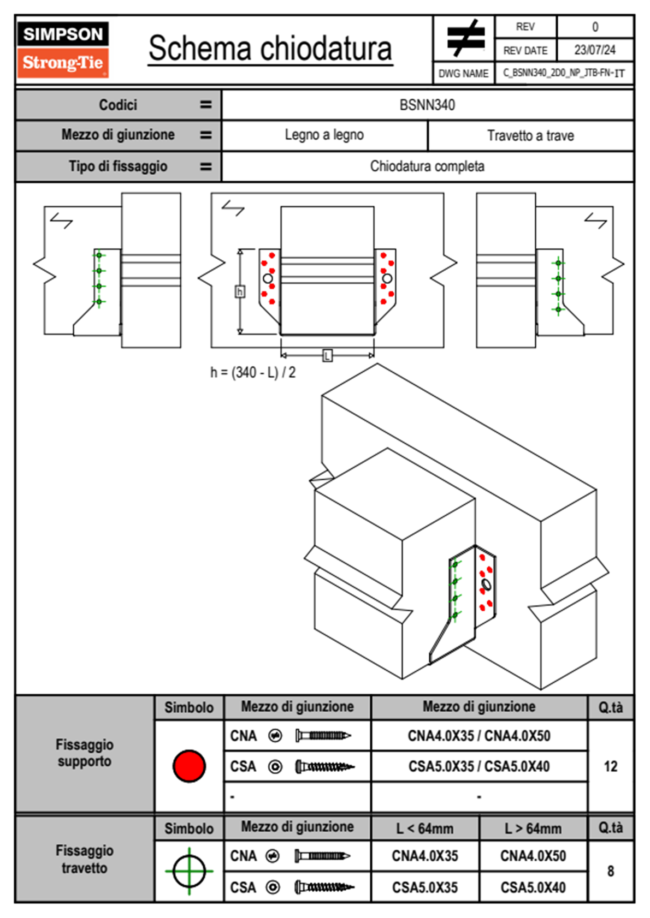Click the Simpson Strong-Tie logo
pos(62,50)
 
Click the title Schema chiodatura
pos(270,48)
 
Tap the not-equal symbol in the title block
pos(465,38)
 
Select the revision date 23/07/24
pos(594,50)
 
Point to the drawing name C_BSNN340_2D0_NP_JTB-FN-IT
pos(564,73)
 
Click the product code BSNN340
pos(427,105)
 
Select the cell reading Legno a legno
pos(324,135)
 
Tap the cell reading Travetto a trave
pos(530,135)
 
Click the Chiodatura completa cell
pos(427,166)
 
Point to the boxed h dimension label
pos(240,291)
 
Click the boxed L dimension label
pos(327,356)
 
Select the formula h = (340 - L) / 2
pos(253,372)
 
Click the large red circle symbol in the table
pos(189,766)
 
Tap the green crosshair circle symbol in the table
pos(189,871)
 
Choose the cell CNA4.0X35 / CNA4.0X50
pos(479,736)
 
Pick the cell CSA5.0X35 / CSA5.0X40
pos(479,766)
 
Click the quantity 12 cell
pos(611,766)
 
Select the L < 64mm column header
pos(425,828)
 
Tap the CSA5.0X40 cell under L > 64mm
pos(533,887)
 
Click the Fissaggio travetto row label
pos(85,859)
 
